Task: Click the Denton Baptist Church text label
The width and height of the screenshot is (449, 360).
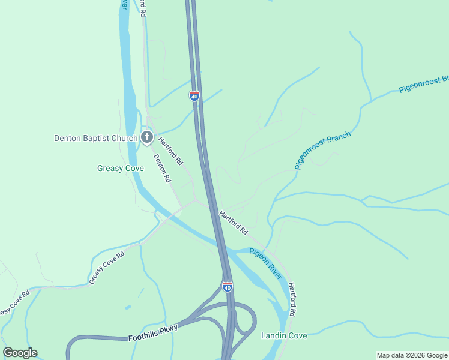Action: point(96,138)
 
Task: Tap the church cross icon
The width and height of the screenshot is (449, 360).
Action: point(147,138)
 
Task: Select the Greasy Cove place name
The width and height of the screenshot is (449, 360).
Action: point(121,169)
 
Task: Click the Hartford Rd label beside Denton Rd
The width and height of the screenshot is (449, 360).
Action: point(170,151)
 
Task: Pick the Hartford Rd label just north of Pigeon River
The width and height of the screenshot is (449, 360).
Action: point(234,223)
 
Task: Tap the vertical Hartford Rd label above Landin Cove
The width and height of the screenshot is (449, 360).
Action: point(292,299)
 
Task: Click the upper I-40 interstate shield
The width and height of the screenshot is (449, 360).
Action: point(194,95)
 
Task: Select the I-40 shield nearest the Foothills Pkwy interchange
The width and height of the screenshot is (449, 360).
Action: point(227,287)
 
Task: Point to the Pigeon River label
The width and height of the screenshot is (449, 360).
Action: point(266,263)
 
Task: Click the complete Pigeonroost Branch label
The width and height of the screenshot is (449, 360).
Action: point(322,151)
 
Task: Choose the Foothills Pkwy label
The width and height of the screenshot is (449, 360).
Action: point(153,337)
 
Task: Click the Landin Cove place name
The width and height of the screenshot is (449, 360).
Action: point(284,335)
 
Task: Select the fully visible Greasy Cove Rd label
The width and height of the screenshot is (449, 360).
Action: point(107,267)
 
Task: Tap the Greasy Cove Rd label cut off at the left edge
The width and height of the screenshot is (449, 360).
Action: point(13,304)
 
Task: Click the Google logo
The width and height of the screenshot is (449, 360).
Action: point(20,353)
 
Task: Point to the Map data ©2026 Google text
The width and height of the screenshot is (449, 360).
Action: point(412,355)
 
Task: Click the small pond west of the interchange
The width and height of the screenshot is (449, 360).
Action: point(128,307)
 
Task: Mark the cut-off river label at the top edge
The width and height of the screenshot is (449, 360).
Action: point(124,5)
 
